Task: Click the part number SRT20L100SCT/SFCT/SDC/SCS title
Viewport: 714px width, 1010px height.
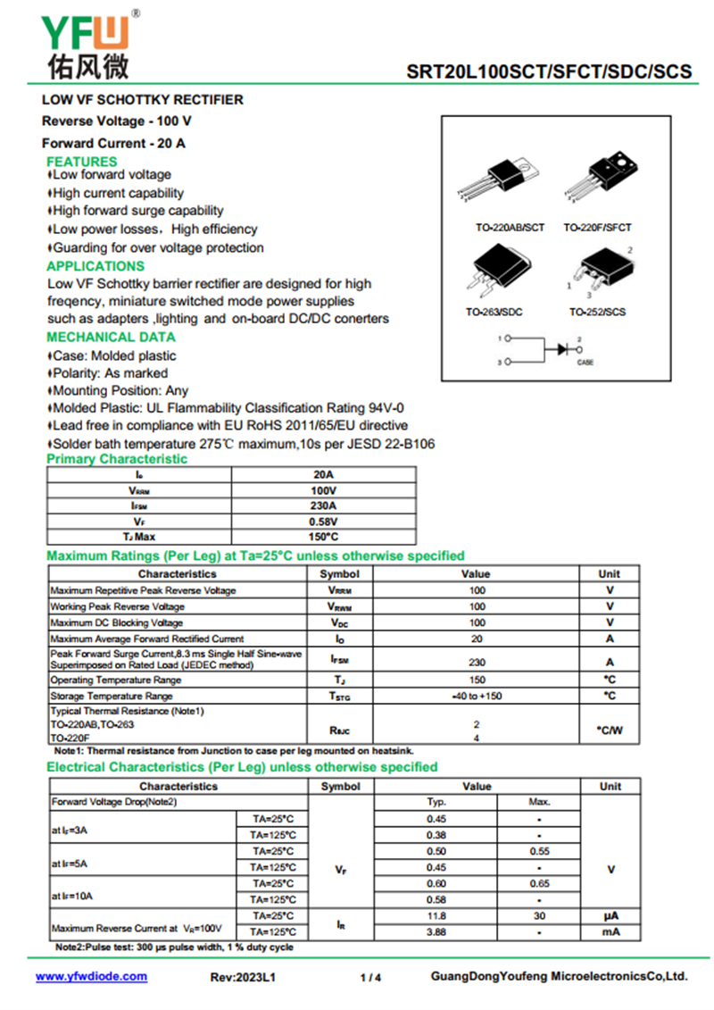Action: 549,71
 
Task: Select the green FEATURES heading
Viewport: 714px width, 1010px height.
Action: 81,162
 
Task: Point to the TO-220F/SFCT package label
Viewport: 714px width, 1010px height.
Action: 597,228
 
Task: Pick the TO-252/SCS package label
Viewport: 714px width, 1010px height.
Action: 597,312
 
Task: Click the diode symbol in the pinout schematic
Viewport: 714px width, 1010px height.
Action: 562,349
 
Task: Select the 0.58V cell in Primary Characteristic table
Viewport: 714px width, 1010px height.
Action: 323,522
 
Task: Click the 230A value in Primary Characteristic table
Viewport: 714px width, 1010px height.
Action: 323,506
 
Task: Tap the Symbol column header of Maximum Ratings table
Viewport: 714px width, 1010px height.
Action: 339,574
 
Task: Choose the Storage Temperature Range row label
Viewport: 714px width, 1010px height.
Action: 112,696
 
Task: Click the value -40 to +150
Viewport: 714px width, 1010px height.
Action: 477,696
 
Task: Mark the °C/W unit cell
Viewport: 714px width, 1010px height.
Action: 610,730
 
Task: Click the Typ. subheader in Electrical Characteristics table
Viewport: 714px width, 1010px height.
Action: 436,802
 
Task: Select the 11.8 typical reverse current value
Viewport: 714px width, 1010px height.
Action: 436,916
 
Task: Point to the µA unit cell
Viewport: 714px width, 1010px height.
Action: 610,916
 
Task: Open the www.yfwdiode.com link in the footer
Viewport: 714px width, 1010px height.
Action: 91,977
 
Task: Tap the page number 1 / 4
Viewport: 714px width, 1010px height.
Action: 370,978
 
